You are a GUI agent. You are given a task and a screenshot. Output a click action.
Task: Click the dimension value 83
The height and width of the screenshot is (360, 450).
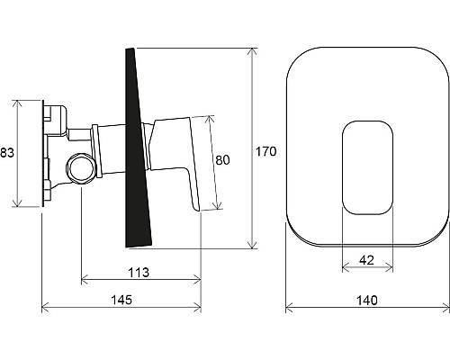(7, 153)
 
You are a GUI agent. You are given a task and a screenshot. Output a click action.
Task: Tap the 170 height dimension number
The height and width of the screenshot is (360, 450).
(265, 151)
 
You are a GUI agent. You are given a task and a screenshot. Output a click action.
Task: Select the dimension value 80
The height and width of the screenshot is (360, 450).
(222, 160)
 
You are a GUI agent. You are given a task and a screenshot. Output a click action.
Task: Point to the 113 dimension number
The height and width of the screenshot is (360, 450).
(139, 273)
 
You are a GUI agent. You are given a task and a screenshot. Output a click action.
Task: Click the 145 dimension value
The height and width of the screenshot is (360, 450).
(121, 300)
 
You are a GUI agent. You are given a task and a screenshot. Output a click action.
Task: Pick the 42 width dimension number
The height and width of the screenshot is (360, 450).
(366, 260)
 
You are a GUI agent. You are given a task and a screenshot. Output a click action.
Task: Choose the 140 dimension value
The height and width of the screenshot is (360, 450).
(367, 300)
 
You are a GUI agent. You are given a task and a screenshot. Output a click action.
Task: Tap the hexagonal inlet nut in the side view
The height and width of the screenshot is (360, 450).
(82, 168)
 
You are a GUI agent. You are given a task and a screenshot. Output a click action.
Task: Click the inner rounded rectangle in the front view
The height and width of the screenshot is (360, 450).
(367, 121)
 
